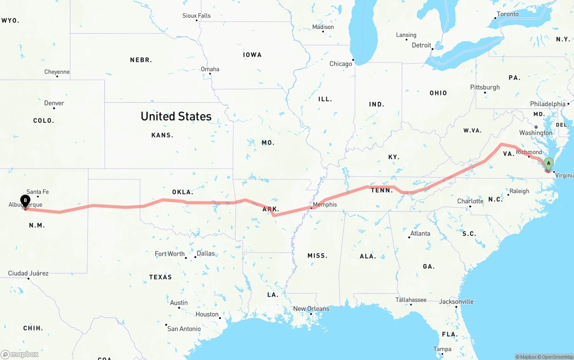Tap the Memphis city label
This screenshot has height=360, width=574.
(x=325, y=204)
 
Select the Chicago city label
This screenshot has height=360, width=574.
(x=341, y=64)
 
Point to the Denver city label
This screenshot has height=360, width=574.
(x=54, y=103)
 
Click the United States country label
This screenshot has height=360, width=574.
(x=176, y=116)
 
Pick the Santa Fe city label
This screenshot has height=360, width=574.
(x=38, y=192)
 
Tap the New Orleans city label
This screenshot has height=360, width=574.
(x=311, y=309)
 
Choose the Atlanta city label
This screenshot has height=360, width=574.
(x=420, y=233)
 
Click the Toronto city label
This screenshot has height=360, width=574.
(x=508, y=14)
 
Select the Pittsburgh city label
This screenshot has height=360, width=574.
(x=485, y=87)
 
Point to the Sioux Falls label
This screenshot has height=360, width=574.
(x=196, y=16)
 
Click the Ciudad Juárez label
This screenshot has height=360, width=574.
(x=28, y=273)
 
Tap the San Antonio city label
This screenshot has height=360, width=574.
(x=184, y=329)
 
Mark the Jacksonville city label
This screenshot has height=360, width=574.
(x=456, y=302)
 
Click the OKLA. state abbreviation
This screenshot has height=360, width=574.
(x=183, y=192)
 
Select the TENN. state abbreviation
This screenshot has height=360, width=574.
(x=382, y=190)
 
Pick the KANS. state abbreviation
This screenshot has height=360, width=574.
(x=162, y=135)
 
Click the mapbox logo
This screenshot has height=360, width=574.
(x=20, y=354)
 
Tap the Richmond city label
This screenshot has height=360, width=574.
(x=529, y=152)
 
